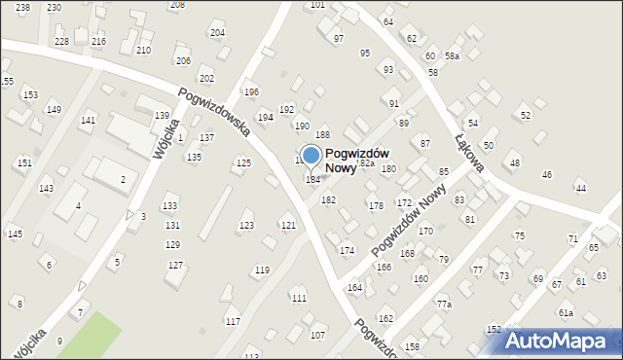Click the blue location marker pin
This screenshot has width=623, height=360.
click(311, 156)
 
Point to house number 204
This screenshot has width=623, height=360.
click(217, 33)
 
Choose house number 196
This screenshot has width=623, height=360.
click(251, 92)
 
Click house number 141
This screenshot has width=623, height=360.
click(88, 121)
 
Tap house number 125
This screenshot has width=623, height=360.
click(243, 162)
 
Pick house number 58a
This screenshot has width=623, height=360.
click(452, 56)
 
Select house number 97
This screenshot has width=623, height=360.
click(339, 39)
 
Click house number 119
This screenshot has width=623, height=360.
click(262, 270)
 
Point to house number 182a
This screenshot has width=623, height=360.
click(366, 163)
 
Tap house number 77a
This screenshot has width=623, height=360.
click(444, 305)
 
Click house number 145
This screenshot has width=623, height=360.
click(15, 234)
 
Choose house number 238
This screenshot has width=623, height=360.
click(22, 7)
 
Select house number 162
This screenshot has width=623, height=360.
click(385, 319)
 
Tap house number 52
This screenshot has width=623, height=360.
click(526, 116)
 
